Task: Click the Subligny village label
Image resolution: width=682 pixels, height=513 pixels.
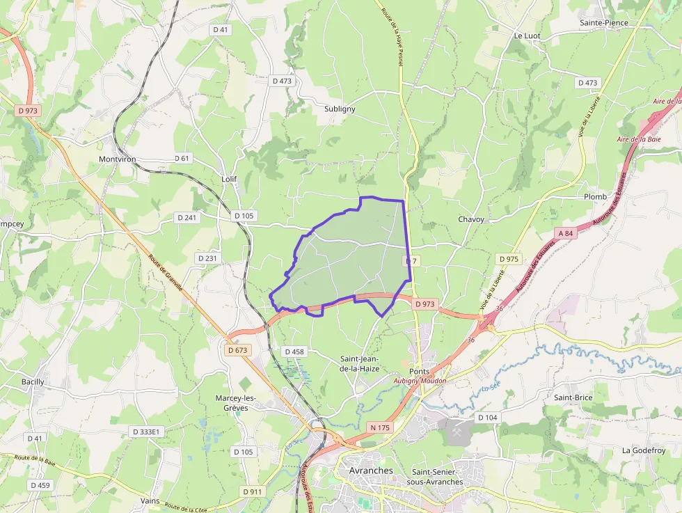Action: (340, 109)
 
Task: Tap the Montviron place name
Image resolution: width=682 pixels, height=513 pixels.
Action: (117, 159)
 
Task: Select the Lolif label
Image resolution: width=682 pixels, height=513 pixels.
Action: (229, 179)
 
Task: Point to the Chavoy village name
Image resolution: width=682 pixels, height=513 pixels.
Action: (471, 219)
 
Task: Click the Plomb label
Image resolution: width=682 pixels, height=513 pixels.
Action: (595, 197)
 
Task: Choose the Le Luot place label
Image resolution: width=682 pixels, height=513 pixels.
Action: (528, 35)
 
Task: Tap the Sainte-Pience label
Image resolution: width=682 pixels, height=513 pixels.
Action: (604, 23)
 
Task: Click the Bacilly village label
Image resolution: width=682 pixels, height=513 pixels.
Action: (33, 381)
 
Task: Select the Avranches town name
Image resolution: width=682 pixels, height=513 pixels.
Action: (370, 471)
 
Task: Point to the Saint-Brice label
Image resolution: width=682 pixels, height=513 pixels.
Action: (573, 397)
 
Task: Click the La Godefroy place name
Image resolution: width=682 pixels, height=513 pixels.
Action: (644, 450)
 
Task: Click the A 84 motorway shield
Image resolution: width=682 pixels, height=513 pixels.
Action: (565, 233)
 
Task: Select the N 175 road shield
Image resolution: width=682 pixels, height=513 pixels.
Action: (380, 427)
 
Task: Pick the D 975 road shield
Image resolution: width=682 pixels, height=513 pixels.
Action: (509, 259)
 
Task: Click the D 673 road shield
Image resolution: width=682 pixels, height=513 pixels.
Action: (237, 350)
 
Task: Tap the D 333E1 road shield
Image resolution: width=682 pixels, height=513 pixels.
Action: (146, 432)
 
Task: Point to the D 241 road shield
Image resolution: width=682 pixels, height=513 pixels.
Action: (187, 217)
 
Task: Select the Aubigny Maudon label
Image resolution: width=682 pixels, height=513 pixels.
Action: (420, 381)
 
